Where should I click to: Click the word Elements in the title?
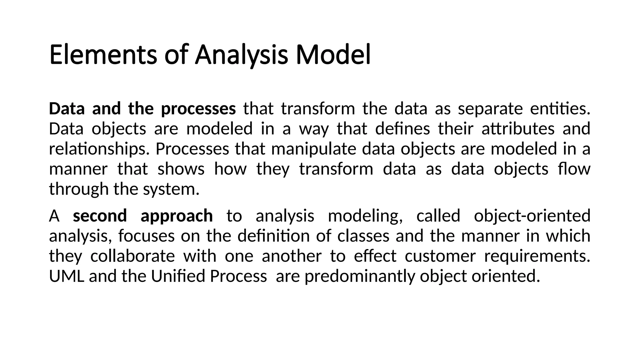coord(103,55)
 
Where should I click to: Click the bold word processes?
coord(198,109)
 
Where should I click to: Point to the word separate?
coord(490,109)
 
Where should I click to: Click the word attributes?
coord(518,129)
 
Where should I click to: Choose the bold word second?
coord(100,216)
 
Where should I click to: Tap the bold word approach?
coord(177,216)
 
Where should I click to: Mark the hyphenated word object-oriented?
coord(532,216)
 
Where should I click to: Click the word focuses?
coord(146,236)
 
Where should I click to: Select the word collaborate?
coord(132,256)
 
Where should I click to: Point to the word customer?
coord(440,256)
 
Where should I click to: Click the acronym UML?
coord(67,276)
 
